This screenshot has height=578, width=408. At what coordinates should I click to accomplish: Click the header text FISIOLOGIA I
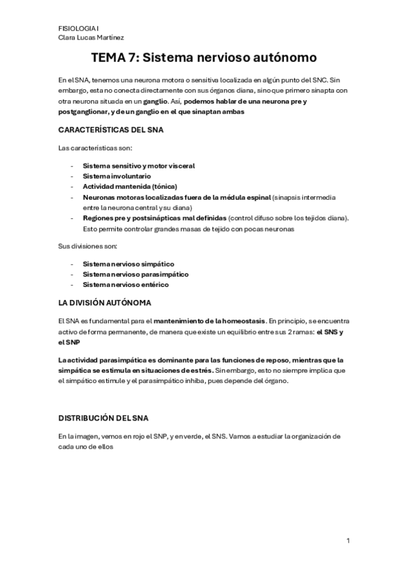point(77,28)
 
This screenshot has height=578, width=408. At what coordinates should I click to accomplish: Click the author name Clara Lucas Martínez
point(91,37)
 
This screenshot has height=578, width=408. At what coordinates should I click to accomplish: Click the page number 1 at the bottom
point(348,541)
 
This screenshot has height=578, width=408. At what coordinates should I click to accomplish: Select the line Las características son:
point(95,148)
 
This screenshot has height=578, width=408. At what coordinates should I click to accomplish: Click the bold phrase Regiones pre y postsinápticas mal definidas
point(155,218)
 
